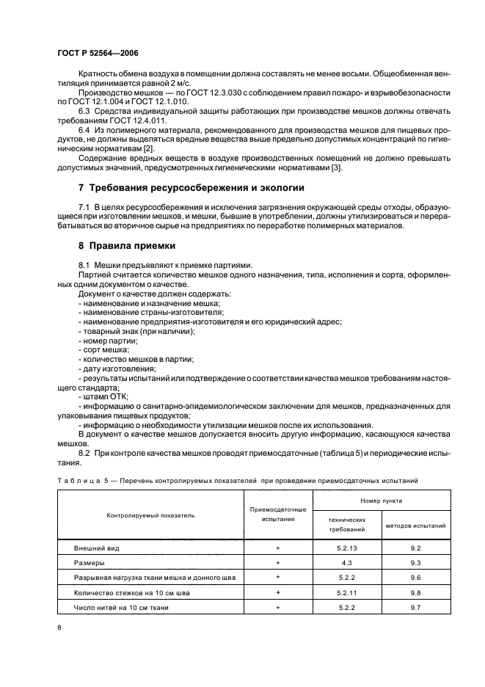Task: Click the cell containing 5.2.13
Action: tap(346, 548)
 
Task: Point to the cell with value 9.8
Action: tap(415, 592)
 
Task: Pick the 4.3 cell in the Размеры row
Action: tap(346, 562)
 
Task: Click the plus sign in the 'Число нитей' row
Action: tap(278, 606)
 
